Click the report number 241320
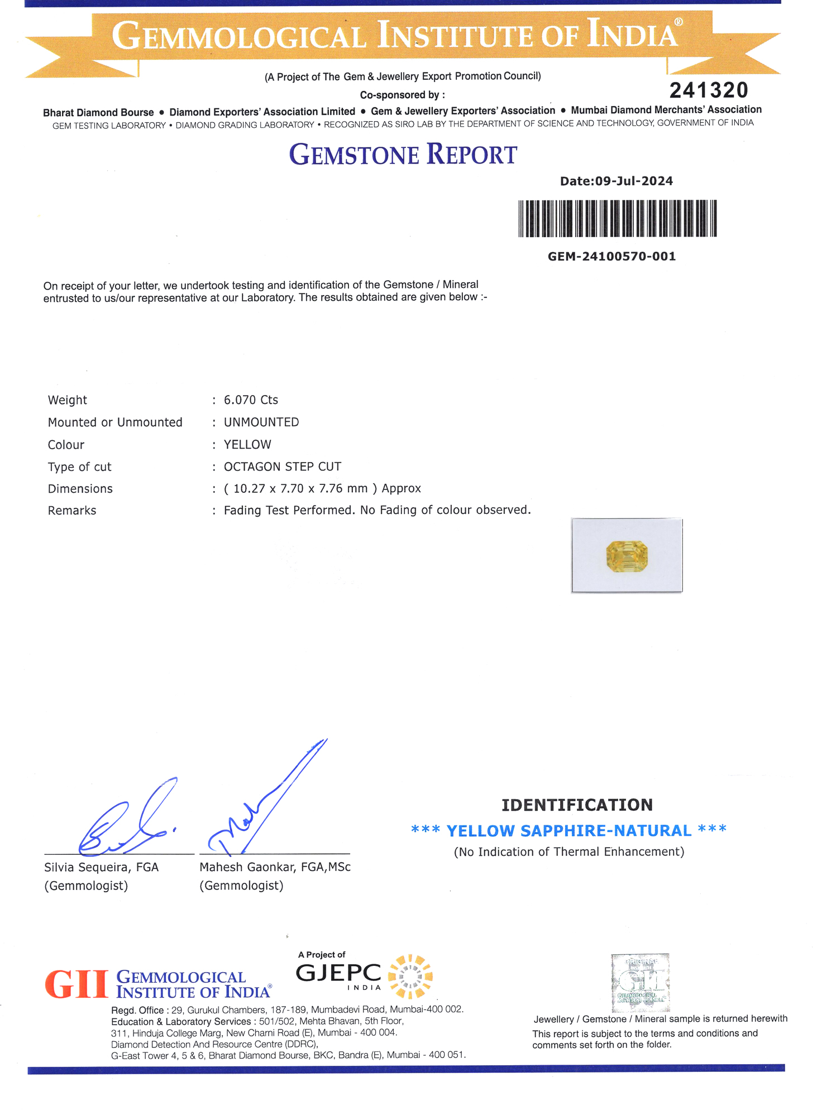pos(708,90)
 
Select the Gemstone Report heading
pos(403,155)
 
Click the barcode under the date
pos(617,218)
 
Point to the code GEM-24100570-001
pos(611,256)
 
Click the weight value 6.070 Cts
pos(251,400)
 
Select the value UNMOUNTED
pos(261,422)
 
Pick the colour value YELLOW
pos(247,444)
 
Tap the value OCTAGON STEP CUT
pos(283,466)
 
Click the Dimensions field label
pos(80,489)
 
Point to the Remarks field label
pos(72,511)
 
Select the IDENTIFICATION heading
pos(577,805)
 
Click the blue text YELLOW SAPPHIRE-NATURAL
pos(568,830)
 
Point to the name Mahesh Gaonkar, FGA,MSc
pos(275,867)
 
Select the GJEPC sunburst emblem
pos(410,976)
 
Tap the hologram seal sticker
pos(641,983)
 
